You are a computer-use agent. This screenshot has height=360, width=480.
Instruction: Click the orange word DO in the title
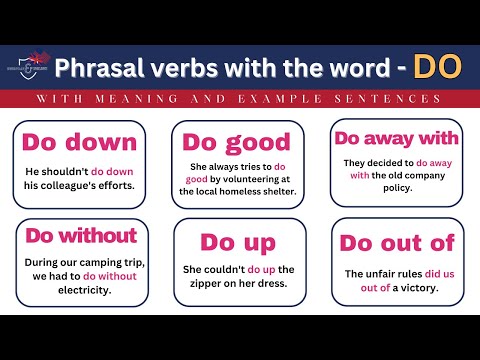438,67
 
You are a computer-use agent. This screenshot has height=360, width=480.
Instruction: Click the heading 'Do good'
236,141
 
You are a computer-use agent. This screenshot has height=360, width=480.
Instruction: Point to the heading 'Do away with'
396,138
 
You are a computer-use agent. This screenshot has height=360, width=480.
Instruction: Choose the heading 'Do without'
81,236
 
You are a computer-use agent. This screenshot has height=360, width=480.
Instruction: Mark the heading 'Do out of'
397,242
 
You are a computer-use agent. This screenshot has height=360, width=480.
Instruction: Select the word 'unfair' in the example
384,274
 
